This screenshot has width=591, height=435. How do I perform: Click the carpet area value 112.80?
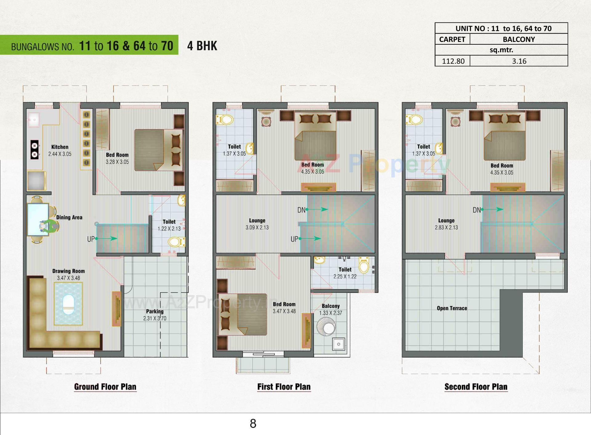click(x=453, y=61)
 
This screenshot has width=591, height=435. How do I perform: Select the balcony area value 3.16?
click(x=519, y=61)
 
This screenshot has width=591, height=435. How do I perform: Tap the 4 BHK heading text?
click(x=202, y=46)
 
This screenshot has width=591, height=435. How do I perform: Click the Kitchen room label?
click(x=60, y=147)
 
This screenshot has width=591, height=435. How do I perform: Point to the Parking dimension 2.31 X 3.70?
click(x=155, y=318)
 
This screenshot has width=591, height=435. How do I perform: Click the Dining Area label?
click(x=69, y=217)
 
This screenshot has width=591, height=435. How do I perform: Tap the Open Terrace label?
click(x=452, y=308)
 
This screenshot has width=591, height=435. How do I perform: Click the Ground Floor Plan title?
click(x=105, y=387)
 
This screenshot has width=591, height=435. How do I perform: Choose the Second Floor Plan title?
click(x=476, y=387)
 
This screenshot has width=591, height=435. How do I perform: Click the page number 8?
click(x=253, y=424)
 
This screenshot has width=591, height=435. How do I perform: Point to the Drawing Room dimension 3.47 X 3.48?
click(x=68, y=278)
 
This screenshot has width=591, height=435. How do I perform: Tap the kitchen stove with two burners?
click(x=34, y=149)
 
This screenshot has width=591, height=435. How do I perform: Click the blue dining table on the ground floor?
click(x=38, y=219)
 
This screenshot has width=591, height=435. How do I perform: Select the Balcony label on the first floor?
click(x=331, y=306)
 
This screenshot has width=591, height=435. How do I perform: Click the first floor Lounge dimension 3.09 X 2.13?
click(x=257, y=227)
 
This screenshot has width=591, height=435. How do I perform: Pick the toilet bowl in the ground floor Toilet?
click(x=176, y=242)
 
